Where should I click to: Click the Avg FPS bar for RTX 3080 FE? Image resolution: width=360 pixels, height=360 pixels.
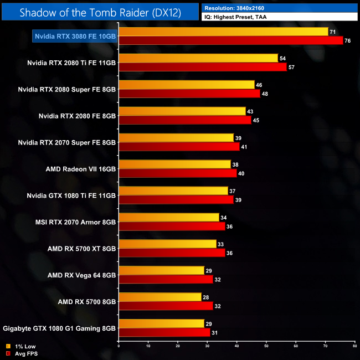(230, 40)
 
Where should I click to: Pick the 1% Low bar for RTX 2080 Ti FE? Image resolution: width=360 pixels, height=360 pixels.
(198, 58)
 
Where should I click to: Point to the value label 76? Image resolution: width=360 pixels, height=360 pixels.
(347, 40)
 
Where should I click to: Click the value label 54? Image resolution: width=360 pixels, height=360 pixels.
(282, 58)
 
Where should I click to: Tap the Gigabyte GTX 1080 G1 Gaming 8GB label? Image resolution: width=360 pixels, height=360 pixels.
(59, 328)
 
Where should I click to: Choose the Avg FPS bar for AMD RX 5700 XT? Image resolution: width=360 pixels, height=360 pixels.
(172, 253)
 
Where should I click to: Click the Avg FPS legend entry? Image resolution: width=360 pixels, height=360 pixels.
(22, 353)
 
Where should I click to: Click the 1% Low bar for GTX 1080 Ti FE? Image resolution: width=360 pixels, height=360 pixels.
(173, 191)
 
